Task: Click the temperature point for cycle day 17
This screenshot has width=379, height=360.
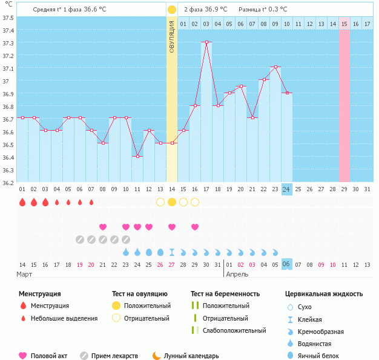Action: [x=206, y=42]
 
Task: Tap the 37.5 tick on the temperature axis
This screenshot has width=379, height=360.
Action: [x=8, y=17]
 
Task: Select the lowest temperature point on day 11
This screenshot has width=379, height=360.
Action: [x=137, y=156]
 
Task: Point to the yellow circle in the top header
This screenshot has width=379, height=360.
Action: [x=172, y=10]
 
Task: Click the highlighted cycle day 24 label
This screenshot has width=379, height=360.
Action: [x=287, y=189]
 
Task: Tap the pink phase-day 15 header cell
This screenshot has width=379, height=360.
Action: [x=344, y=24]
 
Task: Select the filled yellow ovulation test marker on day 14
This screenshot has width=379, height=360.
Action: [x=172, y=202]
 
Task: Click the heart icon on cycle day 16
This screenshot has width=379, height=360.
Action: [x=195, y=227]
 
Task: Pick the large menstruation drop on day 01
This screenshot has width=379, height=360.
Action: [x=22, y=202]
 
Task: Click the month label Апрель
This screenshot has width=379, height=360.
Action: [x=237, y=275]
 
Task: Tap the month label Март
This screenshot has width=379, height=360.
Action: [x=24, y=275]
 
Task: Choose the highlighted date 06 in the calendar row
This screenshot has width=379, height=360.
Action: [x=287, y=264]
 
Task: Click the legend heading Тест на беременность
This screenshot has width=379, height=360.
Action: [x=225, y=294]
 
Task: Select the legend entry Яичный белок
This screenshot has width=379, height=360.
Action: [x=321, y=356]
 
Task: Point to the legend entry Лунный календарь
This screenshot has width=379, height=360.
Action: [x=188, y=356]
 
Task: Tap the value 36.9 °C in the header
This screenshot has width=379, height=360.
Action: [x=214, y=10]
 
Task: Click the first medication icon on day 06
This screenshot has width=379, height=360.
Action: [x=80, y=240]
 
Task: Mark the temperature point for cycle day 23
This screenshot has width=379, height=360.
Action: [x=275, y=67]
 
